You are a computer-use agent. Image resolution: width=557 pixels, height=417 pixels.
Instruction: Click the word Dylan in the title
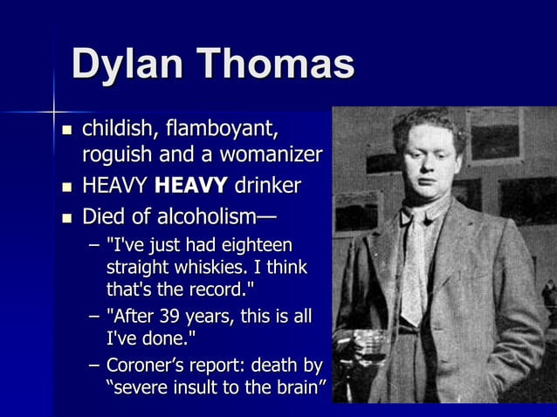tap(127, 65)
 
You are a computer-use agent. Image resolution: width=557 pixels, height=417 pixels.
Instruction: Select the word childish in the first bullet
tap(113, 130)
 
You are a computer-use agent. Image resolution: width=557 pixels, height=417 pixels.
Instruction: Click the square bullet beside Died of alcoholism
tap(67, 215)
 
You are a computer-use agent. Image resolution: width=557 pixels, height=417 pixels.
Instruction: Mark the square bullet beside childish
tap(67, 132)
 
